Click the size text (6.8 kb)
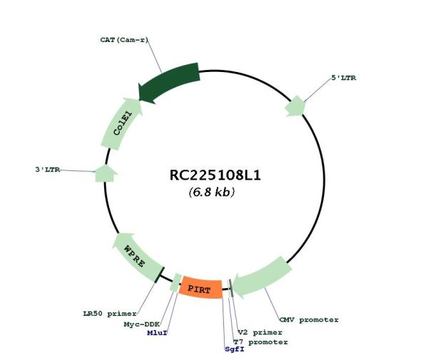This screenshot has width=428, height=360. [x=211, y=192]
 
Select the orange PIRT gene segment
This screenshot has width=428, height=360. [x=200, y=289]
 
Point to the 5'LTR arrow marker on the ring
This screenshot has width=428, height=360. [x=295, y=106]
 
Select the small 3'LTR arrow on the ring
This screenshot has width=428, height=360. [x=106, y=173]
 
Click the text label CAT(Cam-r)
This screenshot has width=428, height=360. [x=124, y=40]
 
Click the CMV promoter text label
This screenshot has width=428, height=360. [x=309, y=319]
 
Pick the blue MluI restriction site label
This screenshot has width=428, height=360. [x=158, y=332]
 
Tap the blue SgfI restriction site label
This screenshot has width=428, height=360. [x=234, y=349]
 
